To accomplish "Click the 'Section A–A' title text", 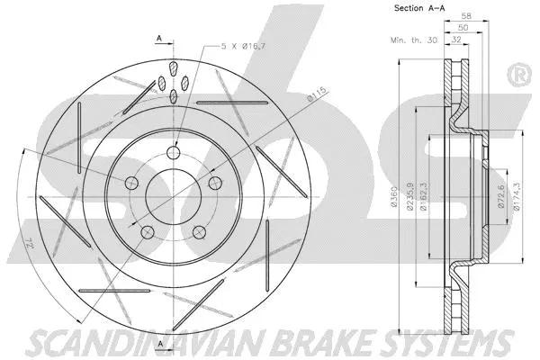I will (x=418, y=8).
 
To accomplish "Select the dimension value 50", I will (x=463, y=29).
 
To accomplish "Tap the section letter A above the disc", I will (x=158, y=39).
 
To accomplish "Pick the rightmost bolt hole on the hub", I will (x=216, y=183).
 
